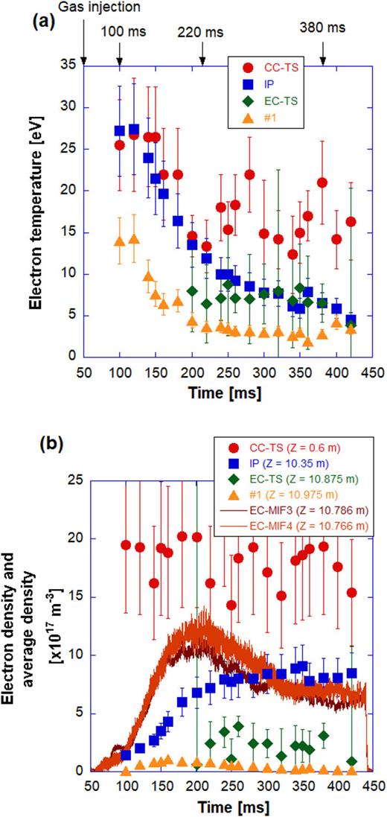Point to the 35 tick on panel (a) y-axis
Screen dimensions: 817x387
[x=71, y=66]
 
